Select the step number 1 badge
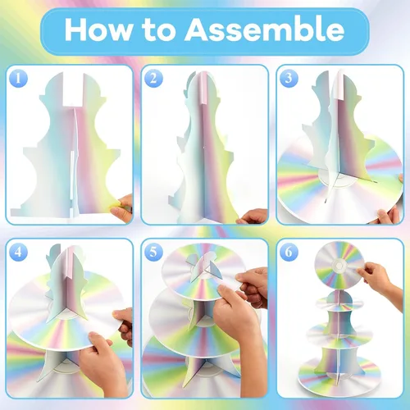click(x=18, y=79)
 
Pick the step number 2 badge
click(x=153, y=79)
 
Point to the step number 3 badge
click(x=289, y=79)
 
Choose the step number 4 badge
click(x=18, y=252)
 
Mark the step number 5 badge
click(x=153, y=252)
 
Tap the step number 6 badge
click(x=289, y=252)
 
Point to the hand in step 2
click(x=253, y=216)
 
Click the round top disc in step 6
click(x=339, y=265)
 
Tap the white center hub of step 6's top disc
click(x=339, y=265)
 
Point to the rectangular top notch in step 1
click(x=73, y=89)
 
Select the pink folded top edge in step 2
click(x=204, y=88)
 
